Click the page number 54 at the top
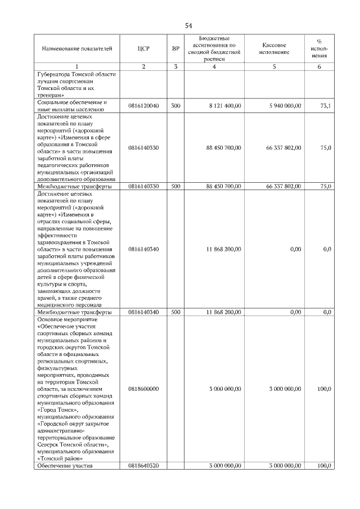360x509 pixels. coord(188,26)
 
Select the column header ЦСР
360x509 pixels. coord(143,49)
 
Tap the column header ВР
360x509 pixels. coord(175,49)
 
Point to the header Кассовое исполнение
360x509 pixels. coord(274,48)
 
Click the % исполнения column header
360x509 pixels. coord(319,48)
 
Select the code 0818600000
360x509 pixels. coord(143,389)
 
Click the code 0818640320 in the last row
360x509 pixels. coord(143,465)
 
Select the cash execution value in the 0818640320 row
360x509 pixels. coord(285,465)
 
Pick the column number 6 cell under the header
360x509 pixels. coord(319,67)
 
